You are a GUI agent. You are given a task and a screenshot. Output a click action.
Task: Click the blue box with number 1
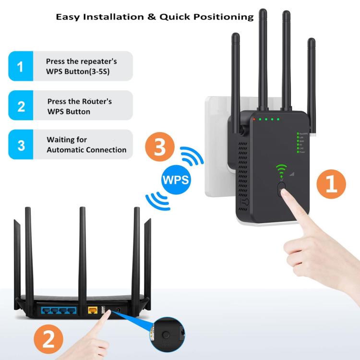coord(20,66)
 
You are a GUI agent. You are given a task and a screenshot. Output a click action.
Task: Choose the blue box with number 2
coord(20,106)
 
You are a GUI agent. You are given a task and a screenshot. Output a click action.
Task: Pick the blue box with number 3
coord(20,144)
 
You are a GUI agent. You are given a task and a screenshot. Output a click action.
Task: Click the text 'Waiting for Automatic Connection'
coord(86,144)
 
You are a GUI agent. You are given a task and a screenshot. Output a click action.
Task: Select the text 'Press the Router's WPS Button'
coord(80,106)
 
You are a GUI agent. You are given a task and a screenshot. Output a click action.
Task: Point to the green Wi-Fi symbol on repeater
coord(281,169)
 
